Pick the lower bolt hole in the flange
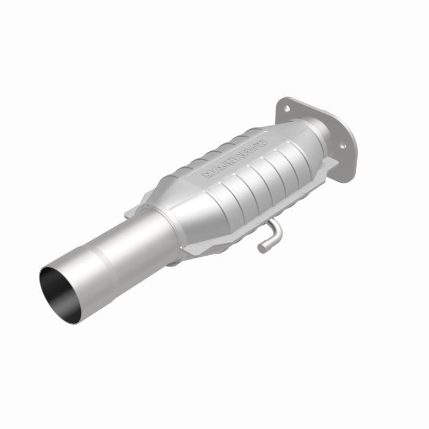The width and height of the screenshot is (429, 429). tap(342, 144)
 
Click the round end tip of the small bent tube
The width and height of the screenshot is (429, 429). tap(262, 248)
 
